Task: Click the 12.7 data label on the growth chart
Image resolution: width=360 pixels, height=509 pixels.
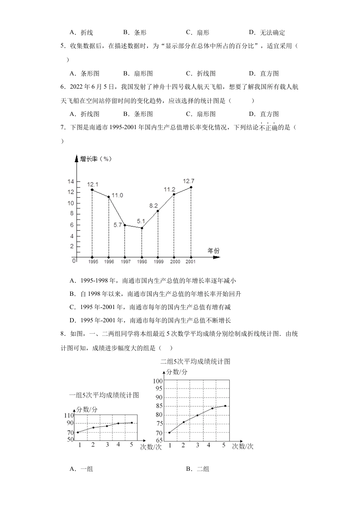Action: coord(188,181)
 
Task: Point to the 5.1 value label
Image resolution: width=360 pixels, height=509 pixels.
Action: coord(141,221)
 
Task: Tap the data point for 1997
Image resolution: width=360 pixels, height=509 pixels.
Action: coord(125,225)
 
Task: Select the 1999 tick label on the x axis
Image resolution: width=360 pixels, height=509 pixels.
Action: coord(158,262)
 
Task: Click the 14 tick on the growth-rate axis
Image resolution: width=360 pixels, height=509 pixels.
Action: coord(70,181)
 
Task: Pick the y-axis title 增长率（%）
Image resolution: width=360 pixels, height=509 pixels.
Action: coord(96,159)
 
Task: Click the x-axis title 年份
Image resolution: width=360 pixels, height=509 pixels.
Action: coord(213,251)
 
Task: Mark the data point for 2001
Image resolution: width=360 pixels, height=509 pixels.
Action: coord(191,187)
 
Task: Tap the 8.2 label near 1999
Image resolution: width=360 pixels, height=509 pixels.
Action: coord(153,206)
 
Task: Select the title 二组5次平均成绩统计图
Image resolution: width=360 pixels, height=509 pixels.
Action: coord(195,361)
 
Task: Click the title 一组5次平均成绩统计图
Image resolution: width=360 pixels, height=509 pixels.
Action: coord(104,395)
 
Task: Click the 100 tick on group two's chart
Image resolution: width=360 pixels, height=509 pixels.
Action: coord(158,381)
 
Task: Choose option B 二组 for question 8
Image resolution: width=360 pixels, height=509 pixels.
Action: coord(197,469)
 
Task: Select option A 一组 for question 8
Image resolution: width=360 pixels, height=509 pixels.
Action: coord(81,469)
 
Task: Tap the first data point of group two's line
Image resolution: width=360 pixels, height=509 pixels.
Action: coord(169,432)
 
